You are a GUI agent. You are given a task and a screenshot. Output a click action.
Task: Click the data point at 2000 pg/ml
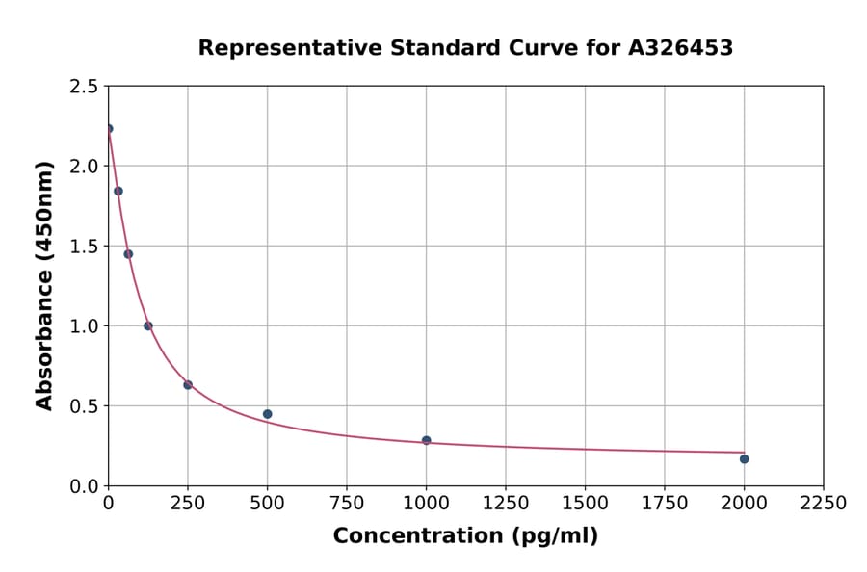[x=744, y=458]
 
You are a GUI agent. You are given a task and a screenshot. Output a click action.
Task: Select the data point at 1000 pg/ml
[x=426, y=440]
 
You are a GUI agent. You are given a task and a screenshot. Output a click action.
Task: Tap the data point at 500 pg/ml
[x=267, y=414]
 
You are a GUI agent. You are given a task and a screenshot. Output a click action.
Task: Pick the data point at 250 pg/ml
[x=188, y=385]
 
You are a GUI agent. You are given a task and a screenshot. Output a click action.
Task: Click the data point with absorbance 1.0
[x=147, y=325]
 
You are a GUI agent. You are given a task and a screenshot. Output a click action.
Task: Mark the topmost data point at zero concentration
[x=108, y=128]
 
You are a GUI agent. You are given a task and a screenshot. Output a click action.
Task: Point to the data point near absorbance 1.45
[x=128, y=254]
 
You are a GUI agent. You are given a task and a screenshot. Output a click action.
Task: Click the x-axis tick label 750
[x=347, y=503]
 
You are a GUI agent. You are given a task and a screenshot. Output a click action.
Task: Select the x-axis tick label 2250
[x=823, y=503]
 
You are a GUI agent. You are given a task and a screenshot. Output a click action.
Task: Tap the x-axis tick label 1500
[x=585, y=503]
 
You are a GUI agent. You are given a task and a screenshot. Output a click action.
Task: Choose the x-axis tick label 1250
[x=506, y=503]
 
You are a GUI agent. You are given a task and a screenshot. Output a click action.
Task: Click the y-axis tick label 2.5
[x=84, y=87]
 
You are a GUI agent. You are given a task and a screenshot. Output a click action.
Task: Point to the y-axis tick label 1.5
[x=84, y=247]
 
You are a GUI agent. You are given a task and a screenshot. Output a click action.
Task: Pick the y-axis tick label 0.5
[x=84, y=406]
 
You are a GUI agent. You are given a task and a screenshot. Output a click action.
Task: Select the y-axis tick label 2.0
[x=84, y=167]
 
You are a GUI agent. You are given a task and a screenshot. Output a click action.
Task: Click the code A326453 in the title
[x=681, y=48]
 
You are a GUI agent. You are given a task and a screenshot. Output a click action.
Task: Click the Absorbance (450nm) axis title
[x=44, y=286]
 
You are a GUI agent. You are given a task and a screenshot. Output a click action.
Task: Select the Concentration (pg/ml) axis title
[x=465, y=536]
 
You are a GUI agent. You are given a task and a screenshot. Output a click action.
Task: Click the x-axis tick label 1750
[x=664, y=503]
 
